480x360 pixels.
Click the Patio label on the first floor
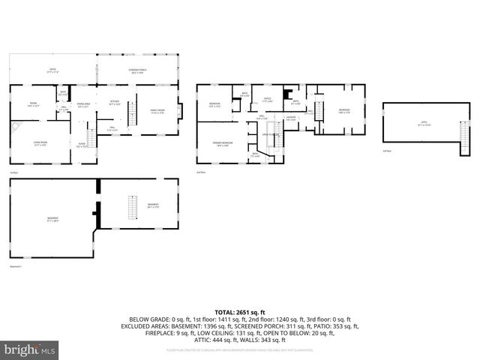click(51, 71)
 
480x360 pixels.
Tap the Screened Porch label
click(137, 72)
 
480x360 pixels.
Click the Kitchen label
click(115, 104)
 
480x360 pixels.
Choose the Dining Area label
click(83, 105)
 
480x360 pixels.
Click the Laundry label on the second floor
click(291, 118)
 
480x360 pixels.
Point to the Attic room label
click(424, 124)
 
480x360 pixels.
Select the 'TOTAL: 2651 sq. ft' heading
click(240, 312)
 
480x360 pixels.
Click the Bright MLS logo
click(30, 350)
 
